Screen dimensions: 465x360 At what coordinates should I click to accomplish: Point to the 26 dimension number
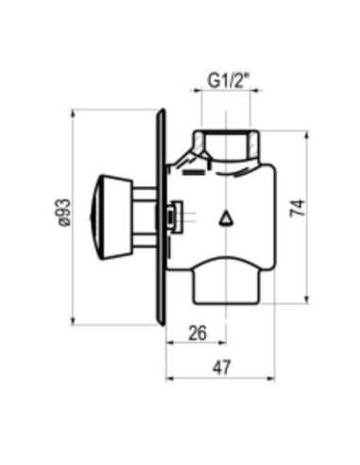pos(197,332)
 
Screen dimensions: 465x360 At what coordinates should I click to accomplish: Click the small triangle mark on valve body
pos(225,219)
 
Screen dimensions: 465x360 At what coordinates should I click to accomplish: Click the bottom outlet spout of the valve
pos(226,284)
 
